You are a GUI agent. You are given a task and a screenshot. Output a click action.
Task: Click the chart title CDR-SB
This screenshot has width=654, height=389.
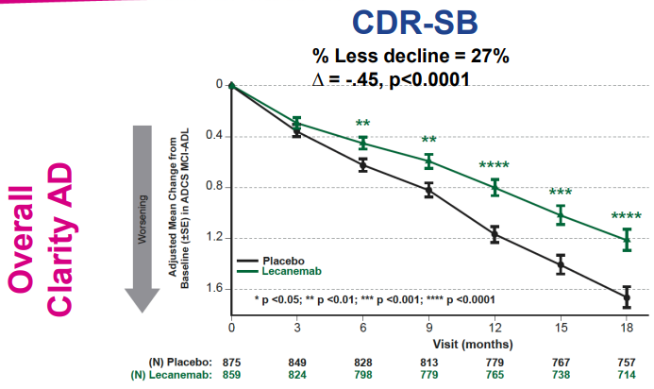pos(411,25)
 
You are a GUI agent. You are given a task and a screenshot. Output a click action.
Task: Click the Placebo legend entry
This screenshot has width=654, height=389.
pos(281,260)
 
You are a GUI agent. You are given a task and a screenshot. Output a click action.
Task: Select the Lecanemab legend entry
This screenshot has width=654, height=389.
pos(287,271)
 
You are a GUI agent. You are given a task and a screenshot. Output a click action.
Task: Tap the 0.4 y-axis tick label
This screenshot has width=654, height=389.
pos(214,136)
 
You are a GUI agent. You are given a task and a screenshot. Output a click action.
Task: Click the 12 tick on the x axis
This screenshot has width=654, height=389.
pos(495,328)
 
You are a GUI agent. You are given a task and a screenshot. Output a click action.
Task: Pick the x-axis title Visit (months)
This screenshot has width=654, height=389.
pos(428,343)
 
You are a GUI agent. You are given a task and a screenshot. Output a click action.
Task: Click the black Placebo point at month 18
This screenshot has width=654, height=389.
pos(627,297)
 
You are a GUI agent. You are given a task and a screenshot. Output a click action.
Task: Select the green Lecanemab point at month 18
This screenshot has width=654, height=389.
pos(627,240)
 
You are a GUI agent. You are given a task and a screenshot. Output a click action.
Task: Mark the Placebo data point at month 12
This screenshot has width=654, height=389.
pos(495,232)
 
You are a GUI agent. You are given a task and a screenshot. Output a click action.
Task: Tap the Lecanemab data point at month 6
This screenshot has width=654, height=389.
pos(362,143)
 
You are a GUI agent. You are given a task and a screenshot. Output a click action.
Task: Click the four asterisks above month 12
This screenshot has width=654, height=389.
pos(495,166)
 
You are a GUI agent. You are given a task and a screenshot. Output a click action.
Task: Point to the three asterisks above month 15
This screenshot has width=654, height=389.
pos(561,194)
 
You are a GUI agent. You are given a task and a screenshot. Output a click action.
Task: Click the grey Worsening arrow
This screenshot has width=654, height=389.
pos(142,217)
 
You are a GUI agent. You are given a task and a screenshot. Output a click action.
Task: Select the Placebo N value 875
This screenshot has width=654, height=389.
pos(231,363)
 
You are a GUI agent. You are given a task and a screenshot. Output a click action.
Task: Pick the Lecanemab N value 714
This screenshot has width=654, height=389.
pos(627,376)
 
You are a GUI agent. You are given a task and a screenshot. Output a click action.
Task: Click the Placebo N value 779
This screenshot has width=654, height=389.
pos(495,363)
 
